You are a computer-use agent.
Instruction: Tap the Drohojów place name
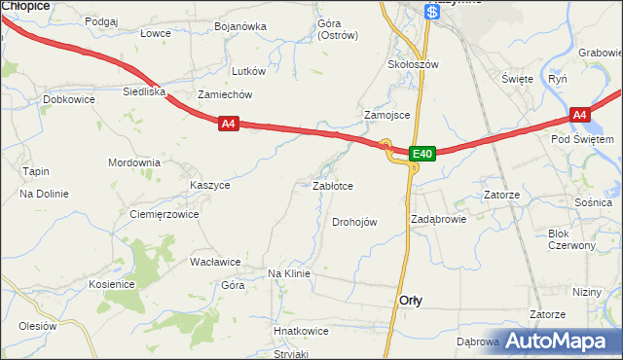354,222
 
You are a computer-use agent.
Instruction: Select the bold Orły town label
411,301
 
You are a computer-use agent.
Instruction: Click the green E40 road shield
421,154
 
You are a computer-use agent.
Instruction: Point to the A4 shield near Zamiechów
228,124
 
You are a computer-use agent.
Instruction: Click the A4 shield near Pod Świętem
580,115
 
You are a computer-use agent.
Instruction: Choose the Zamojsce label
386,115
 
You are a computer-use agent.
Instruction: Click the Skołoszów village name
414,64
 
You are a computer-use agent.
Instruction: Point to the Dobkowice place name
68,99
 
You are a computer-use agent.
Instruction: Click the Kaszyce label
210,184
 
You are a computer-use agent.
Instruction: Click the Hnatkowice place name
301,331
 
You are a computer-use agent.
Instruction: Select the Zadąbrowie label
439,219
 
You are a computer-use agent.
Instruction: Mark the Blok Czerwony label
571,239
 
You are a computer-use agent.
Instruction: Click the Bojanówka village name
240,26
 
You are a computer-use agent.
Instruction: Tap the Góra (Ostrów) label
338,29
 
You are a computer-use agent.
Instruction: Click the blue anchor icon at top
432,12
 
